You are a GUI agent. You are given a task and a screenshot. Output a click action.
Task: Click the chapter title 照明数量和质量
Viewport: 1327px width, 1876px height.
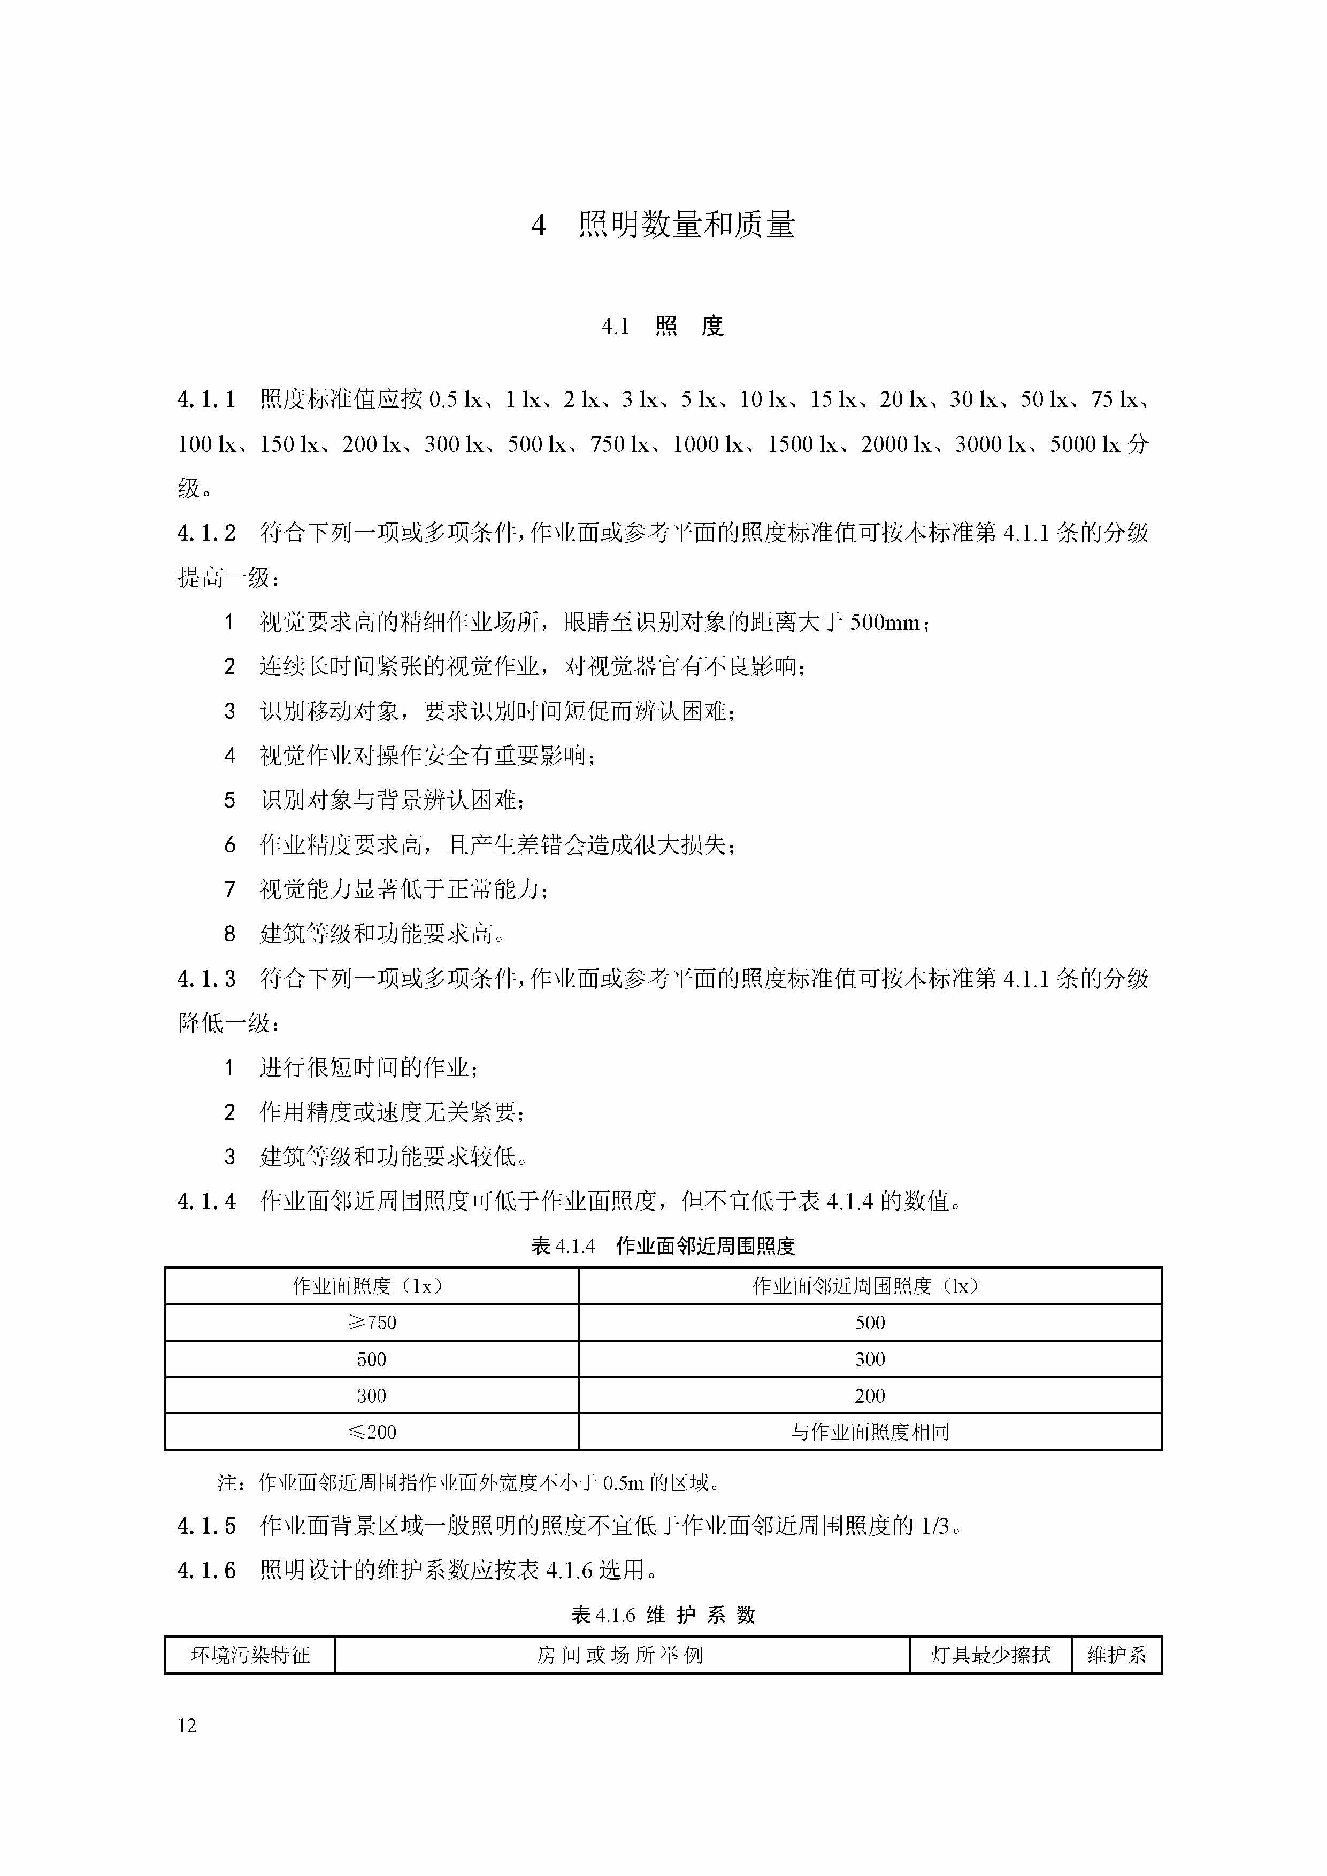coord(686,225)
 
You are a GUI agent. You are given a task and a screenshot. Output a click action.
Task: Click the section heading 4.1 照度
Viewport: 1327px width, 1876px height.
coord(663,327)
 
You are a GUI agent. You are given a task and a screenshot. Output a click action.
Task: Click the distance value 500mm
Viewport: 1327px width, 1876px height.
coord(885,622)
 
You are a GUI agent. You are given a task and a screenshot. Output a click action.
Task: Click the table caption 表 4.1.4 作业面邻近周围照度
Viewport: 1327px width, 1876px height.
coord(663,1246)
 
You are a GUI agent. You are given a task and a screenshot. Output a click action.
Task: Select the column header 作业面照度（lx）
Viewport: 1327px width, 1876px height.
coord(371,1286)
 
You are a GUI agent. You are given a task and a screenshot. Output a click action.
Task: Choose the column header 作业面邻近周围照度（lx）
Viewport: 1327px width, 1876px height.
coord(869,1286)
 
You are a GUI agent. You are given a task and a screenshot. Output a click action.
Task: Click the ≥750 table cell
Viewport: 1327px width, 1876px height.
coord(371,1323)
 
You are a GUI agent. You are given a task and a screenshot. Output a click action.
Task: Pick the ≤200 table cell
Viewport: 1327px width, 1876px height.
coord(371,1432)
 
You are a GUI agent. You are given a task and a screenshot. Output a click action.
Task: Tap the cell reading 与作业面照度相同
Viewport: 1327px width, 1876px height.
coord(869,1432)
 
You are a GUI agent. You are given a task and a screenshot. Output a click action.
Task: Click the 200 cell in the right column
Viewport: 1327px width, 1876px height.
coord(869,1396)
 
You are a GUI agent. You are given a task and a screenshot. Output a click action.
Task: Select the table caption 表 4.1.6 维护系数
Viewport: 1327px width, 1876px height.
coord(663,1616)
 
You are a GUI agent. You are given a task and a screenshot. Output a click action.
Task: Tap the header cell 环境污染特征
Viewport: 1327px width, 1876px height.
coord(250,1655)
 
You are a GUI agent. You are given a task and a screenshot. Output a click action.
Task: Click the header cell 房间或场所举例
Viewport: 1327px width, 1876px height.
coord(620,1655)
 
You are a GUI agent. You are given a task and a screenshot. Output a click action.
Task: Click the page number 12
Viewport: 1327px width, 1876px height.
coord(187,1726)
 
